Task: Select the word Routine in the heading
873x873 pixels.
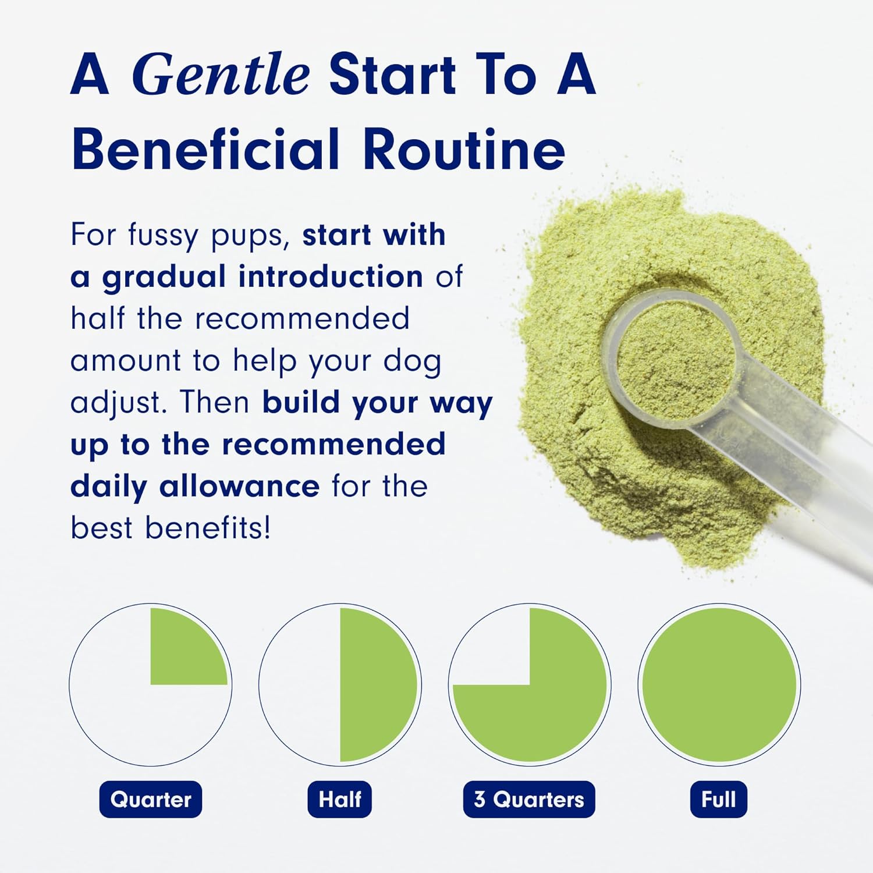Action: point(464,149)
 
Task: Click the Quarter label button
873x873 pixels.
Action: point(151,799)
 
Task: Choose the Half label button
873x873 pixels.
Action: point(340,799)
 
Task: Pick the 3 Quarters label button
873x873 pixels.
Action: point(529,799)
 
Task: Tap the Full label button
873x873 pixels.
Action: point(719,799)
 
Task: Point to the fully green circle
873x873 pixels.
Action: point(719,684)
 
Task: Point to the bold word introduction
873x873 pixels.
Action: point(331,276)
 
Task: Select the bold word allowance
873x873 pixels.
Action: point(239,486)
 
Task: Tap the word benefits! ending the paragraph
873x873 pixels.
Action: point(208,528)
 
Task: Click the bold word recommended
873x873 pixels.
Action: point(334,444)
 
